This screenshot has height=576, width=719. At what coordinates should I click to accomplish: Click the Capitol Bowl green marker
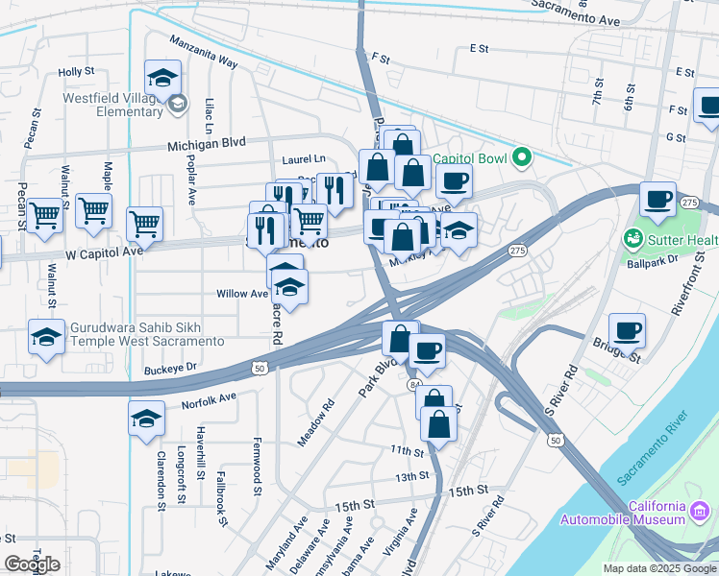(522, 157)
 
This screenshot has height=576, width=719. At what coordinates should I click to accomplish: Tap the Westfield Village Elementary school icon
(163, 76)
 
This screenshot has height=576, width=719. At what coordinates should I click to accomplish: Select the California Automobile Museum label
(630, 514)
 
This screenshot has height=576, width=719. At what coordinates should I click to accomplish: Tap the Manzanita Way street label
(203, 53)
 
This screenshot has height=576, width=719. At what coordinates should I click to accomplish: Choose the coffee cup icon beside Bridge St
(627, 330)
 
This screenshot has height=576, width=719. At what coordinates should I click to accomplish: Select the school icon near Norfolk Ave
(146, 419)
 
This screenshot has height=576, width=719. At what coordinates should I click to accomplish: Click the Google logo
(32, 564)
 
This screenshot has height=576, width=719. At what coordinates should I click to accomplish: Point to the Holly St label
(76, 71)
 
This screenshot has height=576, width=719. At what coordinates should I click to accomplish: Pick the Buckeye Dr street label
(170, 367)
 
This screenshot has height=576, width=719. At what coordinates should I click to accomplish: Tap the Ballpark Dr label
(653, 260)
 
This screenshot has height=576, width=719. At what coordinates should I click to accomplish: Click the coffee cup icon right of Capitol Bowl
(454, 180)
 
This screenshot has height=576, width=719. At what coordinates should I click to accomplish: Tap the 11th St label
(408, 450)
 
